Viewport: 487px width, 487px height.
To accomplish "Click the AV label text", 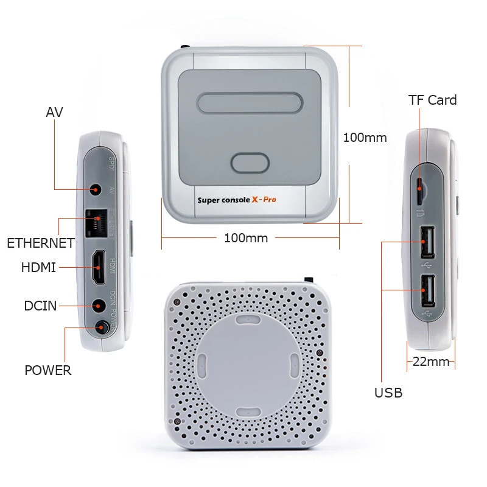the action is (x=54, y=112).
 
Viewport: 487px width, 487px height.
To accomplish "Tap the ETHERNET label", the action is (x=40, y=243).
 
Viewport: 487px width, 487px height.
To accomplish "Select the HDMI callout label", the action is (x=38, y=267).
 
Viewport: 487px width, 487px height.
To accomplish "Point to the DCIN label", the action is (x=40, y=306).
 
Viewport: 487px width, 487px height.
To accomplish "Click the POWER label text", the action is (x=47, y=370).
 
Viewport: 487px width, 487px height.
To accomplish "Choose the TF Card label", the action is (x=432, y=100).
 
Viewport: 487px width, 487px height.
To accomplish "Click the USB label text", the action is (x=388, y=393).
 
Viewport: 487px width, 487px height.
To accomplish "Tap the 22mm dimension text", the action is (x=430, y=362).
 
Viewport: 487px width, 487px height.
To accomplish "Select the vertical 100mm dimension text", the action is (x=365, y=138).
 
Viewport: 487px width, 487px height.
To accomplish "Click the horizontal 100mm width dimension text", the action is (x=246, y=238).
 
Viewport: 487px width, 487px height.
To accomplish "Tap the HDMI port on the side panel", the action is (x=97, y=267).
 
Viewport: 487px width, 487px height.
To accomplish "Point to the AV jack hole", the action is (x=95, y=190).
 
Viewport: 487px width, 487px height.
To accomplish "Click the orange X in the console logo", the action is (x=256, y=199).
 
